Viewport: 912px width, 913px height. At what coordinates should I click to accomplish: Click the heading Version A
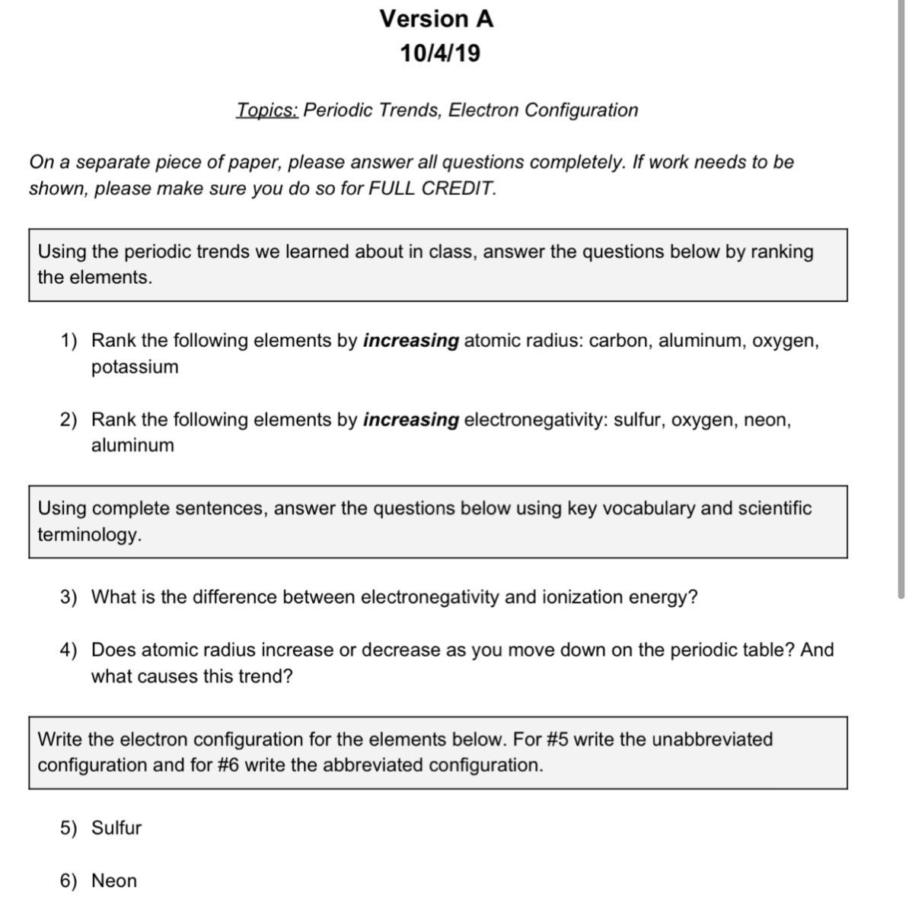tap(436, 18)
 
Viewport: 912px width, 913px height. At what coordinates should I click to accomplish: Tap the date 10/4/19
tap(440, 53)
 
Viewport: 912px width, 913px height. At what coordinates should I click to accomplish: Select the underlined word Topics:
tap(266, 110)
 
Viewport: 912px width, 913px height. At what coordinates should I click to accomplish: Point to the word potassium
tap(135, 367)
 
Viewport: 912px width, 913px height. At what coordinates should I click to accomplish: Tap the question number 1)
tap(69, 340)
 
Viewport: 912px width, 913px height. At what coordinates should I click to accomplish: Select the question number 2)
tap(69, 419)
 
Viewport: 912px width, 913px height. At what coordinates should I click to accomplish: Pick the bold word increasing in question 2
tap(411, 419)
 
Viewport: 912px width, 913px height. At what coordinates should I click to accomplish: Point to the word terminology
tap(88, 534)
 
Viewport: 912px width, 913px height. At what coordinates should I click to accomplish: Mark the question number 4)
tap(69, 650)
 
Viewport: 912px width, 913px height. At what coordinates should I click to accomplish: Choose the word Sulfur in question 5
tap(116, 828)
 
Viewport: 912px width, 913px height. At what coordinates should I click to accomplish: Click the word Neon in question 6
tap(114, 881)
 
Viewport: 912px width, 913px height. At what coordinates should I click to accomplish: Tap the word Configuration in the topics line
tap(581, 110)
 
